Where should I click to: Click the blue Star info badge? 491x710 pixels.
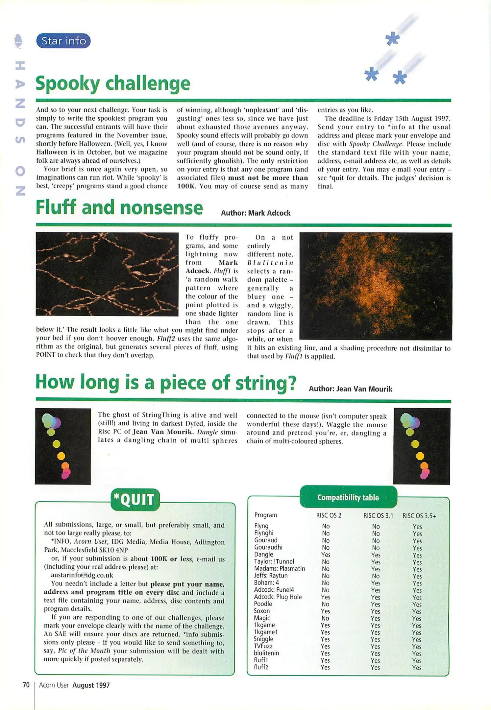click(x=63, y=41)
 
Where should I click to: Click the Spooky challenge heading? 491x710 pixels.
click(x=113, y=83)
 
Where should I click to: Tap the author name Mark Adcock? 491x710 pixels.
click(x=269, y=213)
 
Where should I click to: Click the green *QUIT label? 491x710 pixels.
click(x=135, y=500)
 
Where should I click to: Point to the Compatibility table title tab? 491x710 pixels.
click(x=348, y=497)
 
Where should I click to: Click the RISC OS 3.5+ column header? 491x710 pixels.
click(x=419, y=516)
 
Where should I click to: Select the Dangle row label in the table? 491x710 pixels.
click(x=263, y=554)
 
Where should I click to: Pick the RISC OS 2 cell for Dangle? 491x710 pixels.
click(x=326, y=555)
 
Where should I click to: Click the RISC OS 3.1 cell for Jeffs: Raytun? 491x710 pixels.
click(x=376, y=576)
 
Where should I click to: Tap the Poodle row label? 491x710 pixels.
click(x=263, y=603)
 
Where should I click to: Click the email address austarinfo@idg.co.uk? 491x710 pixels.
click(x=82, y=575)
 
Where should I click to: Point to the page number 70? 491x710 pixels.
click(x=26, y=685)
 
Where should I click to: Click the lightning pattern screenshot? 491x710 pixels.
click(x=107, y=274)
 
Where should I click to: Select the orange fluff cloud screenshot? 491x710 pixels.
click(x=376, y=286)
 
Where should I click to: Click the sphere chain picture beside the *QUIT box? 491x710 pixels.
click(x=63, y=446)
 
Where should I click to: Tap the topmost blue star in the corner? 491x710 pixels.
click(x=392, y=39)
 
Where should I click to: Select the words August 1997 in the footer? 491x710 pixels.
click(x=91, y=685)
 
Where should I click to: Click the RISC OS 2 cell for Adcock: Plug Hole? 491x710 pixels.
click(x=325, y=597)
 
